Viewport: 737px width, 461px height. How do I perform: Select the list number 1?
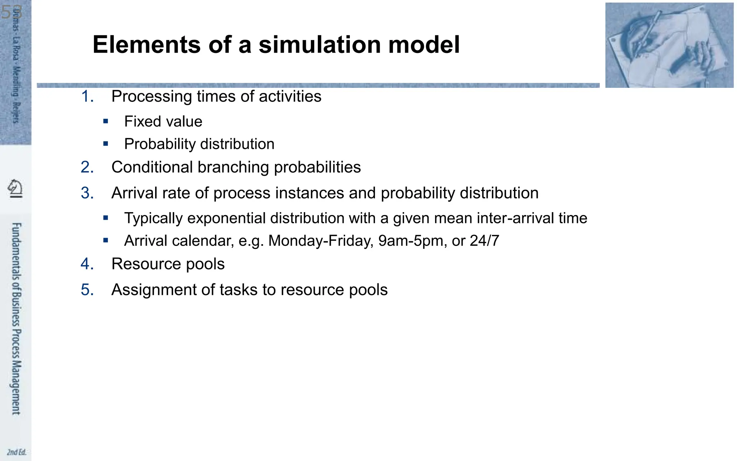click(x=87, y=97)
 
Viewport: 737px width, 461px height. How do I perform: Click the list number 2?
click(x=87, y=167)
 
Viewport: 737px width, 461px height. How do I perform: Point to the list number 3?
click(x=87, y=193)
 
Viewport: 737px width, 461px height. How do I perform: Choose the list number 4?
click(x=87, y=264)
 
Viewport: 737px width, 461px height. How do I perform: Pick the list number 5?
click(x=87, y=290)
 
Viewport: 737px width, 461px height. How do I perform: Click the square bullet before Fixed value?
click(x=105, y=121)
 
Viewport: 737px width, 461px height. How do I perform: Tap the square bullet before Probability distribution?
click(x=105, y=144)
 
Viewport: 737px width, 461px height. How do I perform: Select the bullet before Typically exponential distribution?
click(x=105, y=218)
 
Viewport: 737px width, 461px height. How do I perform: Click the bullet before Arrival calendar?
click(x=105, y=240)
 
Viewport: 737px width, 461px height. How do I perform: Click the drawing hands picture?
click(x=669, y=45)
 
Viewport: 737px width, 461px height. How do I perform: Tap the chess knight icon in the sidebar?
click(x=15, y=188)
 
